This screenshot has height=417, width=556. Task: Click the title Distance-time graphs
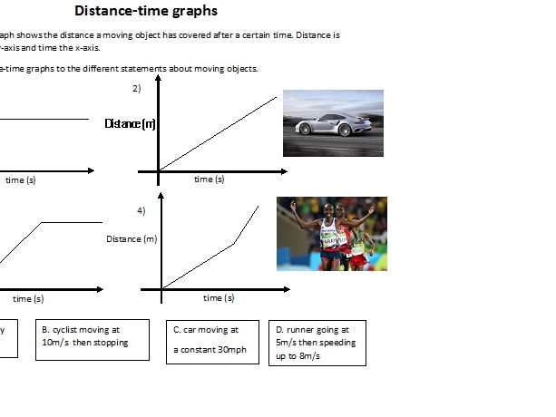145,12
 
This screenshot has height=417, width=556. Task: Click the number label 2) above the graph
136,88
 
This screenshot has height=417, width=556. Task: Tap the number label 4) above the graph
141,210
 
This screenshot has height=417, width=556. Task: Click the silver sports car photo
333,122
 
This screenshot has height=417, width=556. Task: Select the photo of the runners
331,234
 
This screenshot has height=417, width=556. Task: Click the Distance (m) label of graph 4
132,238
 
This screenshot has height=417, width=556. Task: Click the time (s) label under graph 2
210,179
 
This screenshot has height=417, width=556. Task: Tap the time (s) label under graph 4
218,297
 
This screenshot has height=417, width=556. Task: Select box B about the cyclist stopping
92,339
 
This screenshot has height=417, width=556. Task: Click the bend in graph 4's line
235,243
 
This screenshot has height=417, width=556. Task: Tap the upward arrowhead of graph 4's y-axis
161,195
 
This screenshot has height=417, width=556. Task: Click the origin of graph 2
160,170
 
